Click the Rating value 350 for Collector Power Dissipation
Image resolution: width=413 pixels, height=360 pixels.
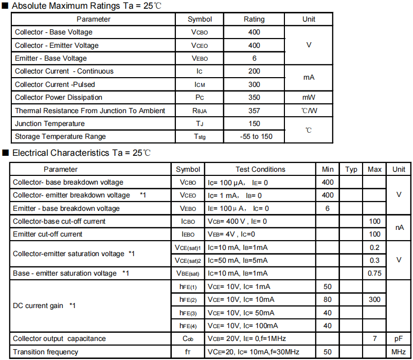[x=254, y=97]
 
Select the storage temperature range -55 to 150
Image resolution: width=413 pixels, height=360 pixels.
[x=254, y=136]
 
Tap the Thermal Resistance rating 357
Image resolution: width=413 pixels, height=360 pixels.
[x=254, y=111]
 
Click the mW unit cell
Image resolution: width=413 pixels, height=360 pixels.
[x=309, y=97]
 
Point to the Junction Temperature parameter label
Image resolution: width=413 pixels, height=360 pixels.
[x=50, y=123]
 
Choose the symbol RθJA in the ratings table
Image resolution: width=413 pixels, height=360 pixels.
[x=200, y=111]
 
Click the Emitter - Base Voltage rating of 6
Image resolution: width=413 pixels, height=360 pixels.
[x=254, y=58]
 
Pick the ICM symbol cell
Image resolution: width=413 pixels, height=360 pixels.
[x=200, y=84]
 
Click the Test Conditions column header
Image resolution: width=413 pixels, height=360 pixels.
[x=260, y=169]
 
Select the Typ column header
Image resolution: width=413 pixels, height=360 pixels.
[x=351, y=169]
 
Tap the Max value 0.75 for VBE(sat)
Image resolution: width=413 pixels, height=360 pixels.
[x=375, y=273]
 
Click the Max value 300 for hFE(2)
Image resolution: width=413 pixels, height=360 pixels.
[x=375, y=299]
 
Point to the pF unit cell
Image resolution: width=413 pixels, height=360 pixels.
[x=399, y=338]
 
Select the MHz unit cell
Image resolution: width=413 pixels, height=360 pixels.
[x=399, y=352]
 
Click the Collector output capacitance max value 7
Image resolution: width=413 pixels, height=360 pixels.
[x=375, y=338]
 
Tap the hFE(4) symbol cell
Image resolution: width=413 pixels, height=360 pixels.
[x=188, y=326]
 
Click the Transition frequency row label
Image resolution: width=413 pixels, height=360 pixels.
[x=46, y=352]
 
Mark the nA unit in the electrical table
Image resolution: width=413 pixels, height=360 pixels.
[x=399, y=227]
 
